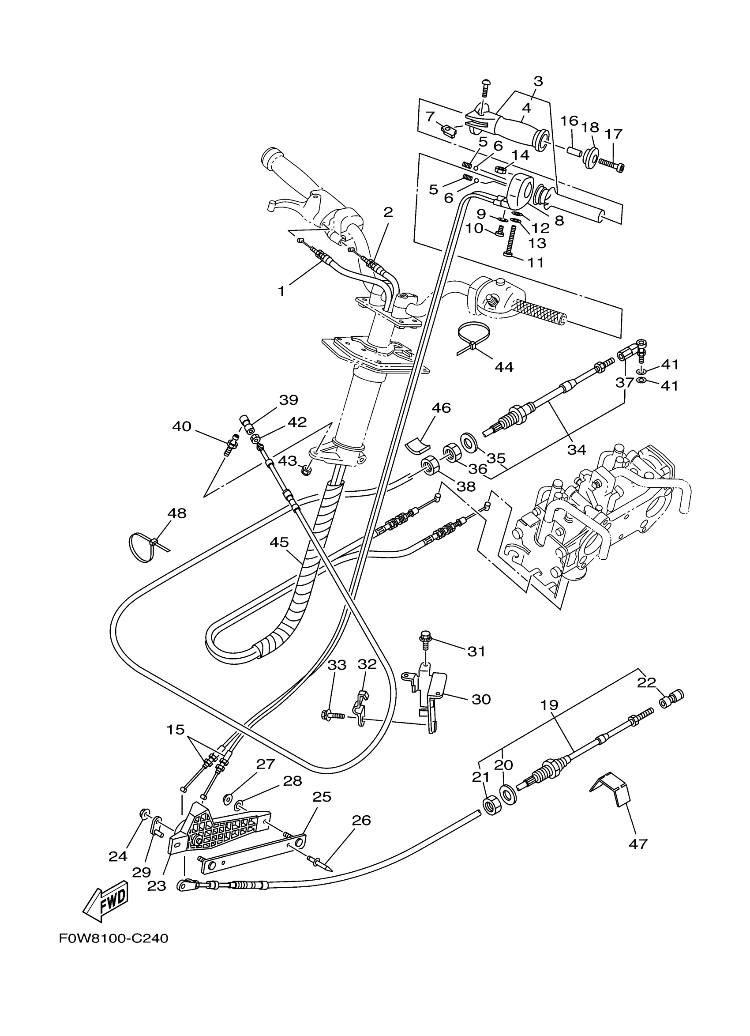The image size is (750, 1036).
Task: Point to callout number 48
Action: click(x=176, y=513)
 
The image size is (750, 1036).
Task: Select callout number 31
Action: click(x=476, y=651)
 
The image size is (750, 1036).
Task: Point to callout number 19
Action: click(x=549, y=705)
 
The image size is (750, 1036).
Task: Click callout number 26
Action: click(x=361, y=820)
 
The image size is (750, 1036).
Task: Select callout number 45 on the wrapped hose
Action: click(x=279, y=542)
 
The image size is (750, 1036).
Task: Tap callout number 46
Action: click(x=441, y=407)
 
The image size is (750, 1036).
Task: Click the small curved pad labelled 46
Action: click(x=418, y=445)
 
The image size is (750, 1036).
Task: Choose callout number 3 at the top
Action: click(x=538, y=81)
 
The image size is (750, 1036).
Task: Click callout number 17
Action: click(x=614, y=134)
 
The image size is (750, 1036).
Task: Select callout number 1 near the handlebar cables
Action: click(x=281, y=290)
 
